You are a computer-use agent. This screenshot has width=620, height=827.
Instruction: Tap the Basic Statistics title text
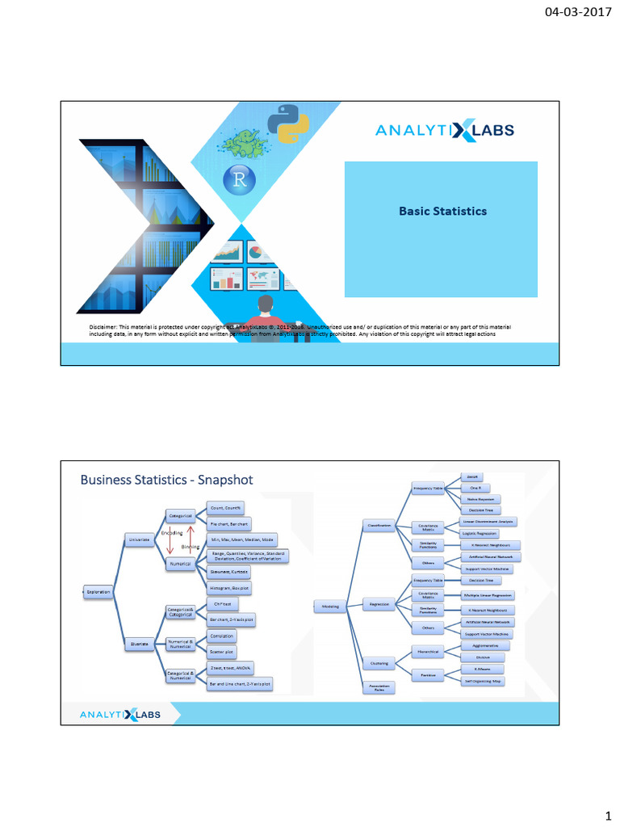tap(442, 212)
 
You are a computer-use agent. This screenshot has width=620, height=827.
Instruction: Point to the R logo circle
tap(240, 179)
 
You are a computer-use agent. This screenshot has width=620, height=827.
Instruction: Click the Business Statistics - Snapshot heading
tap(166, 480)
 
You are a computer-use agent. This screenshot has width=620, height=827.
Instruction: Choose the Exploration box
tap(98, 592)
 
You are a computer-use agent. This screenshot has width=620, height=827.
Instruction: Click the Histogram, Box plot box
tap(229, 589)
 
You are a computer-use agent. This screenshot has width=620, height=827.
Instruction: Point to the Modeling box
tap(331, 605)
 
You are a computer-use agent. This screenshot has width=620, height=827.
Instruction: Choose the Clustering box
tap(379, 663)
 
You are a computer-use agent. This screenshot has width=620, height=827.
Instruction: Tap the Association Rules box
tap(379, 688)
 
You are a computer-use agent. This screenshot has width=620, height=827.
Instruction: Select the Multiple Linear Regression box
tap(488, 595)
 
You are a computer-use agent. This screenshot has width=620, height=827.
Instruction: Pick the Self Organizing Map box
tap(484, 681)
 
